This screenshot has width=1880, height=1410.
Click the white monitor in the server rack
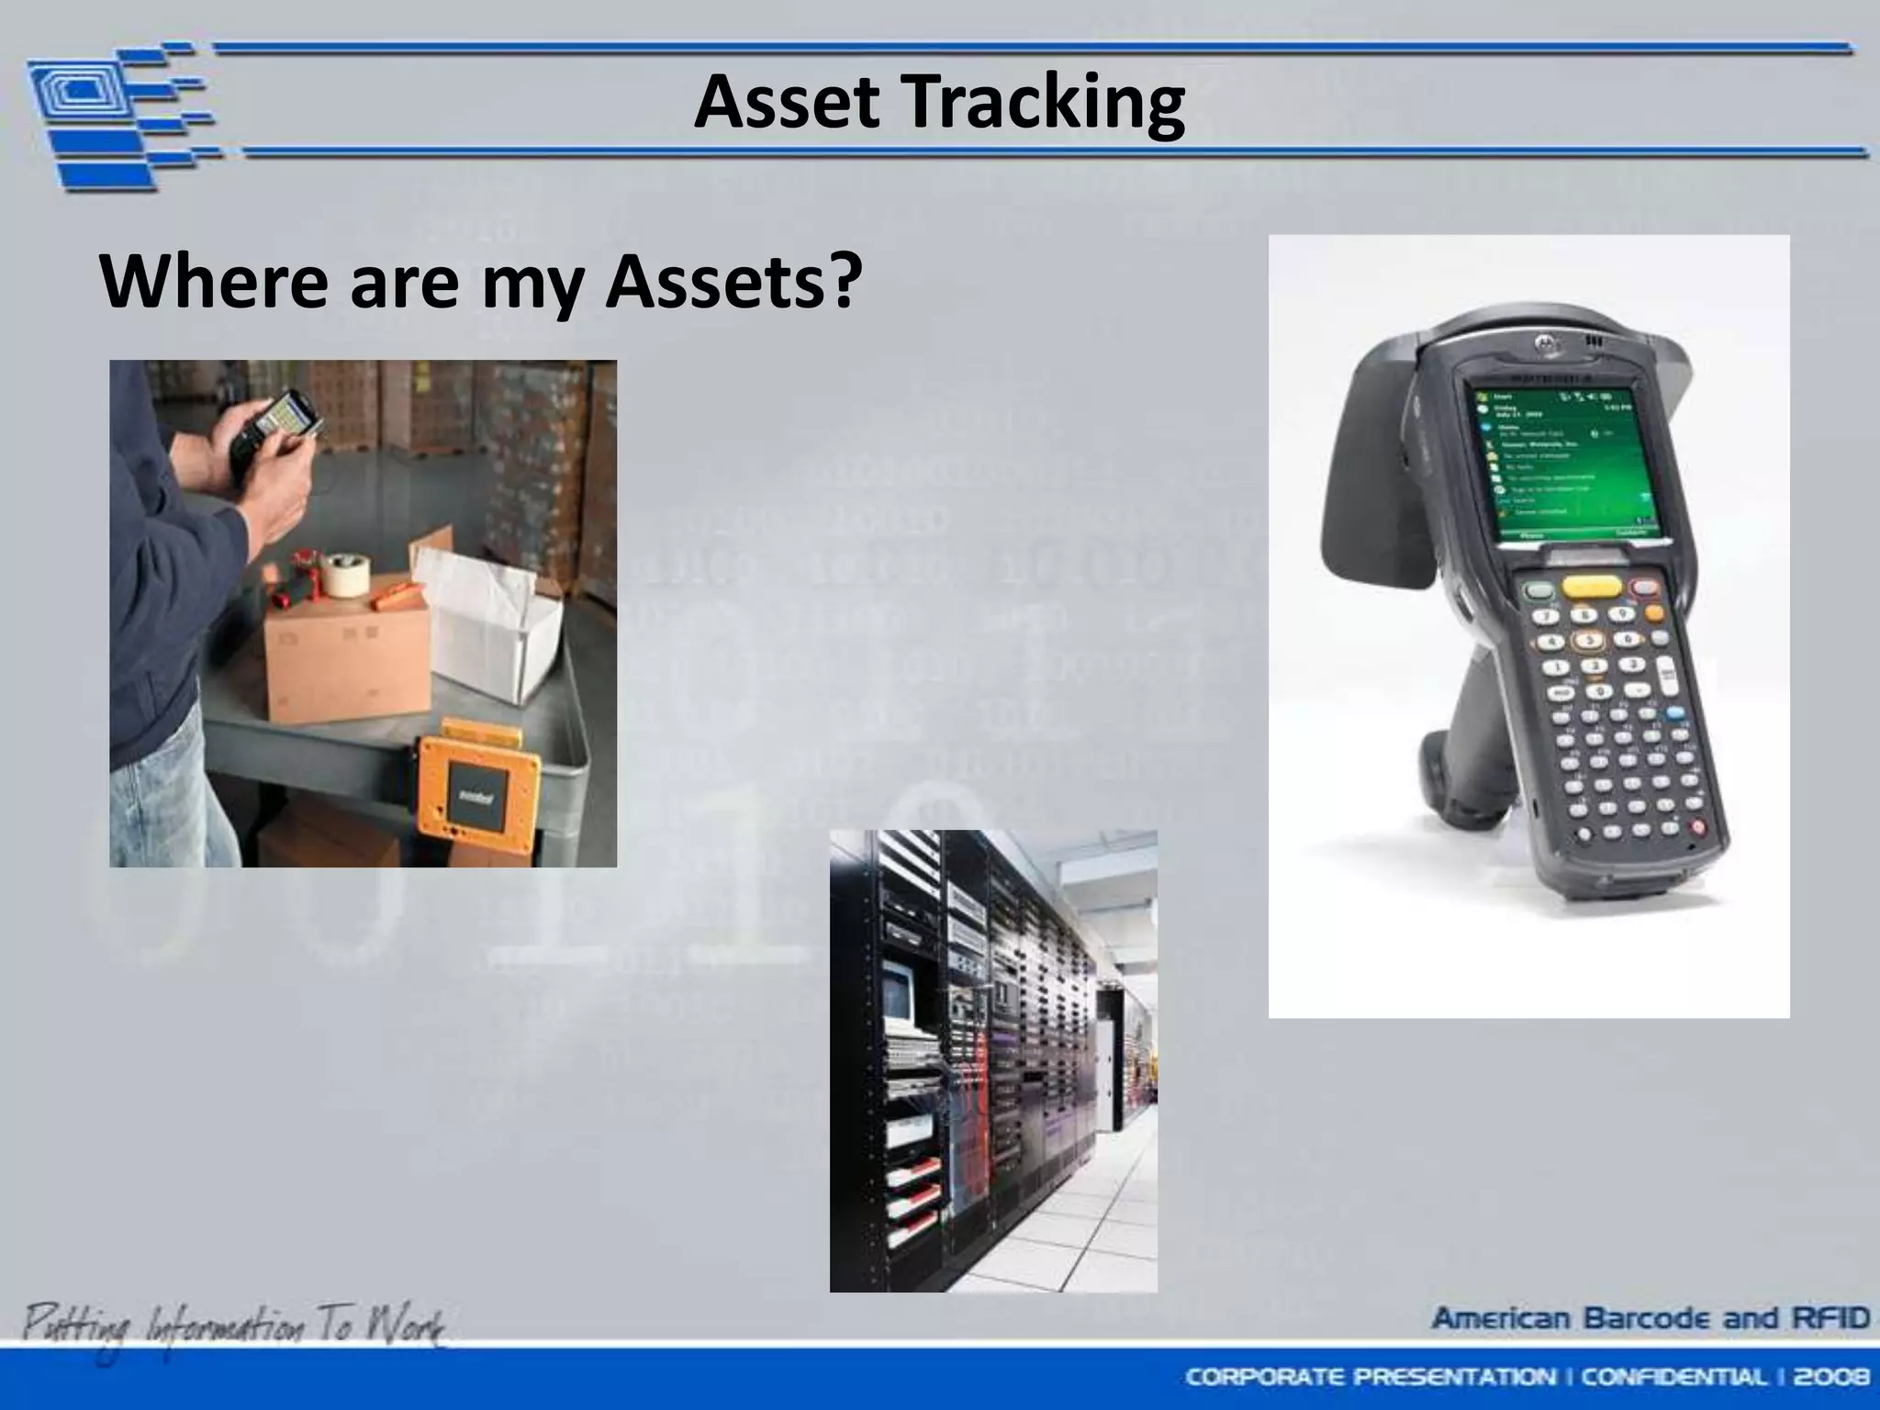(895, 996)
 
